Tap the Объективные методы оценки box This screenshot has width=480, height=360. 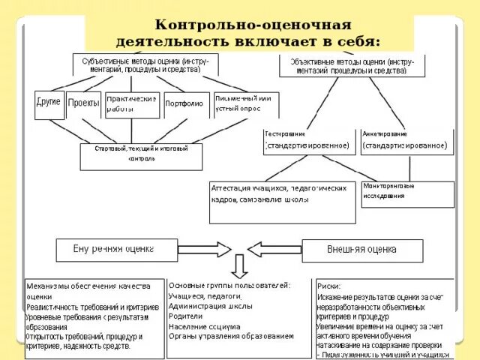pyautogui.click(x=346, y=65)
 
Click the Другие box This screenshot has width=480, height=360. pyautogui.click(x=49, y=104)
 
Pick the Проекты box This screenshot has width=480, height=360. pyautogui.click(x=83, y=104)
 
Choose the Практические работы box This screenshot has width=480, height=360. pyautogui.click(x=132, y=104)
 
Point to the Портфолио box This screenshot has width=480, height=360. pyautogui.click(x=184, y=104)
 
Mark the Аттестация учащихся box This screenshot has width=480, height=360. pyautogui.click(x=278, y=193)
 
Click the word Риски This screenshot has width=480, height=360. pyautogui.click(x=328, y=286)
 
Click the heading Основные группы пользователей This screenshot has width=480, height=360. pyautogui.click(x=229, y=285)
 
